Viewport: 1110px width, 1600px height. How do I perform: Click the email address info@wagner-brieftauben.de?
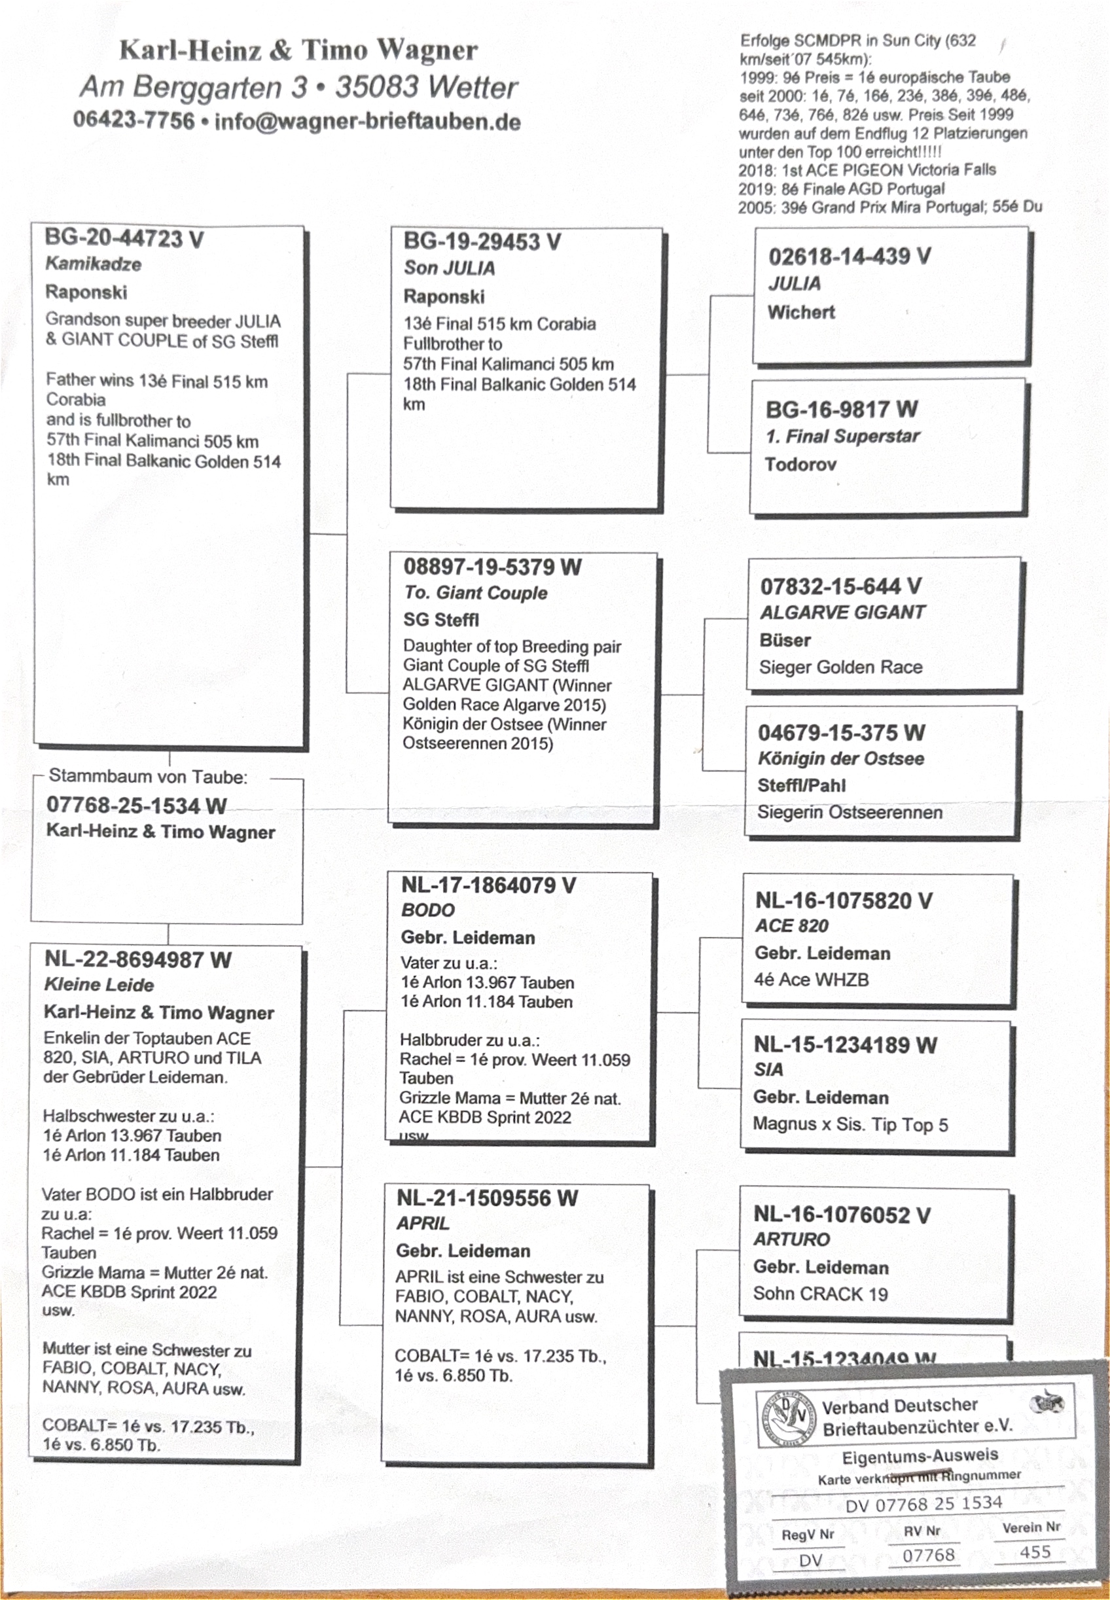tap(367, 122)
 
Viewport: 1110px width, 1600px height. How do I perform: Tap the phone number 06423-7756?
tap(134, 120)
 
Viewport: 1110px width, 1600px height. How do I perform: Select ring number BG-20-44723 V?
tap(124, 238)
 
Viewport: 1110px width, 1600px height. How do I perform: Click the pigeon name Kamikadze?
tap(93, 264)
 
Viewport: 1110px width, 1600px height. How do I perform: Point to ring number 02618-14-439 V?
tap(850, 257)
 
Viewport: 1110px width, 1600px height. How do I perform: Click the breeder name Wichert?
tap(801, 312)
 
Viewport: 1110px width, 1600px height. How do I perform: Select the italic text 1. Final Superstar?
tap(842, 436)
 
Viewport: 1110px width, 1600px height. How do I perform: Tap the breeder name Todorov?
tap(800, 465)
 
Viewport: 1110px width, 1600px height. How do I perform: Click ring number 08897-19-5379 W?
tap(492, 567)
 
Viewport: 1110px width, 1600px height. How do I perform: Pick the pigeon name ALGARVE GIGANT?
tap(842, 613)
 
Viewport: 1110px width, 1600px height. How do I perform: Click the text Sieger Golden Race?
tap(841, 667)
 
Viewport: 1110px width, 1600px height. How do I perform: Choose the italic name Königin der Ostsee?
tap(841, 758)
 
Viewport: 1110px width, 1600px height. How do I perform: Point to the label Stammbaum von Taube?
tap(148, 777)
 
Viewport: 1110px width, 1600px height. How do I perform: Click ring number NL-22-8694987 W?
tap(137, 959)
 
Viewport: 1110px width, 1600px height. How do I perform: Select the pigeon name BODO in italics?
tap(428, 910)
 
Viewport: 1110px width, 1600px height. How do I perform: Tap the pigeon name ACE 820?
tap(791, 926)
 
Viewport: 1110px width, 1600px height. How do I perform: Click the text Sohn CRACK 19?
tap(820, 1294)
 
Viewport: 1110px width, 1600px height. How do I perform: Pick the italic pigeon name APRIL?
tap(423, 1224)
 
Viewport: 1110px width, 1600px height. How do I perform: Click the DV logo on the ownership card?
tap(786, 1418)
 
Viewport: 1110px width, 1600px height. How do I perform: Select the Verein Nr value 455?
tap(1035, 1552)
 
